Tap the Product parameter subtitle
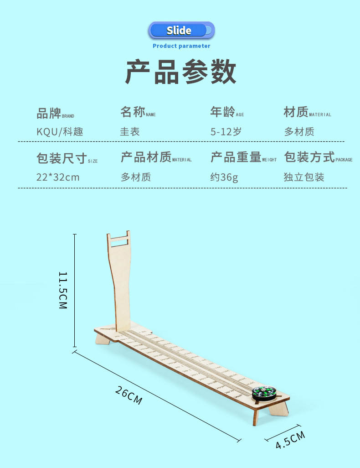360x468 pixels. (181, 46)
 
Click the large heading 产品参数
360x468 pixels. (181, 73)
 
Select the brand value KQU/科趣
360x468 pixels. (60, 132)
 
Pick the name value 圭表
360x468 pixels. (130, 132)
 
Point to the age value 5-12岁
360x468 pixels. (226, 132)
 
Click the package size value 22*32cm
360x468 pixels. (58, 177)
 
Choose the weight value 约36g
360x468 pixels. (224, 177)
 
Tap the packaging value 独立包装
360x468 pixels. (304, 177)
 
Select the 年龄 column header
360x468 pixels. (223, 112)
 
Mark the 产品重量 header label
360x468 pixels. (236, 157)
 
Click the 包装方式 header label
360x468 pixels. (309, 157)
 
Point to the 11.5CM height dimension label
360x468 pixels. (63, 290)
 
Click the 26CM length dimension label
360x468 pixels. (129, 395)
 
